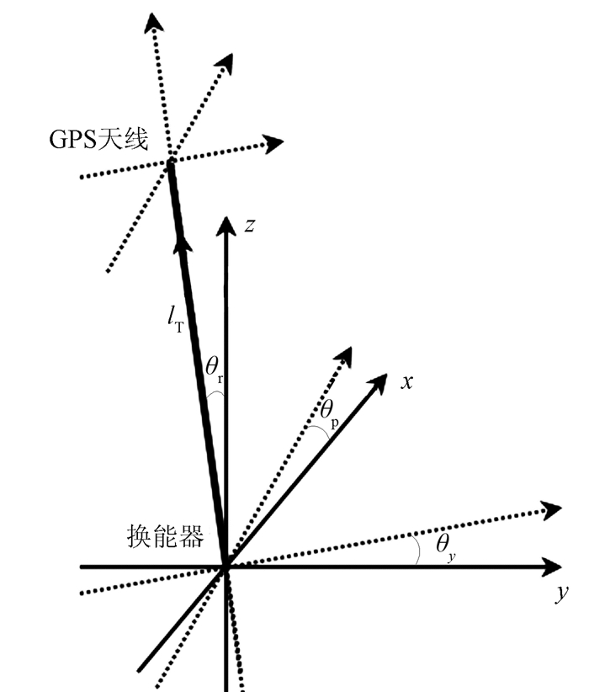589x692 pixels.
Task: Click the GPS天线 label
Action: click(x=98, y=139)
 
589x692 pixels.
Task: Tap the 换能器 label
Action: click(x=166, y=537)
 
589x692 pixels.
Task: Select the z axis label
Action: click(x=249, y=225)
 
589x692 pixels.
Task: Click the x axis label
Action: click(x=406, y=381)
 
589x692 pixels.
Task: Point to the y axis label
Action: click(x=562, y=594)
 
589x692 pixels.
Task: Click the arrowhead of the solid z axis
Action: click(x=225, y=225)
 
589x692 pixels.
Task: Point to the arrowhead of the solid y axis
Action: click(x=552, y=567)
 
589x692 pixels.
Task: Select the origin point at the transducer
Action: click(x=226, y=567)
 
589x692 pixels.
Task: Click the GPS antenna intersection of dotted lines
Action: click(x=170, y=161)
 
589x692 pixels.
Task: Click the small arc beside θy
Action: click(x=418, y=552)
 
